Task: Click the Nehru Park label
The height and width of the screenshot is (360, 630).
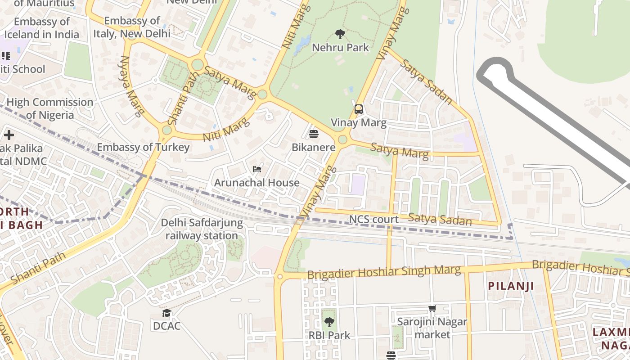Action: (x=340, y=47)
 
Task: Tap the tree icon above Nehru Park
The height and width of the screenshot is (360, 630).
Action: (x=340, y=34)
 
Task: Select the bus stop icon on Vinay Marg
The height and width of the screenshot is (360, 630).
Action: (x=359, y=109)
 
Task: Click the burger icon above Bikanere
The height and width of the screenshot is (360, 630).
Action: (x=314, y=134)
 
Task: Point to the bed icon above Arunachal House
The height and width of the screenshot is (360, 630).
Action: (x=257, y=169)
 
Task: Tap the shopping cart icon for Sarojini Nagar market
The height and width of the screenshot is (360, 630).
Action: (x=432, y=309)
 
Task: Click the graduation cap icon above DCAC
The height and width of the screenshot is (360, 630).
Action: (x=167, y=313)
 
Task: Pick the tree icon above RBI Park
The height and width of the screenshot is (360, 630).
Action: (x=329, y=322)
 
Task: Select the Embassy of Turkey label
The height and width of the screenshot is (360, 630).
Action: (x=143, y=147)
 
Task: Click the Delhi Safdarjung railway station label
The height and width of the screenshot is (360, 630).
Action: (x=202, y=229)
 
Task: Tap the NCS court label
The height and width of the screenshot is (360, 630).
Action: (x=374, y=220)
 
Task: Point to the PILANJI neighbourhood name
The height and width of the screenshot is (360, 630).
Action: (x=511, y=286)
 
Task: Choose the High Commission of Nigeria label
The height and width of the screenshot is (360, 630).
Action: (x=49, y=108)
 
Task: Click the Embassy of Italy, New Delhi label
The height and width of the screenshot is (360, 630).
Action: (x=132, y=27)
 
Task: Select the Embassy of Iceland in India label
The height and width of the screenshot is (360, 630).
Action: (x=41, y=28)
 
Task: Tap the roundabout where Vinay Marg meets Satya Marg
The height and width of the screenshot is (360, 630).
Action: (x=342, y=139)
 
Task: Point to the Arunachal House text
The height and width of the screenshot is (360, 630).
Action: (x=256, y=183)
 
